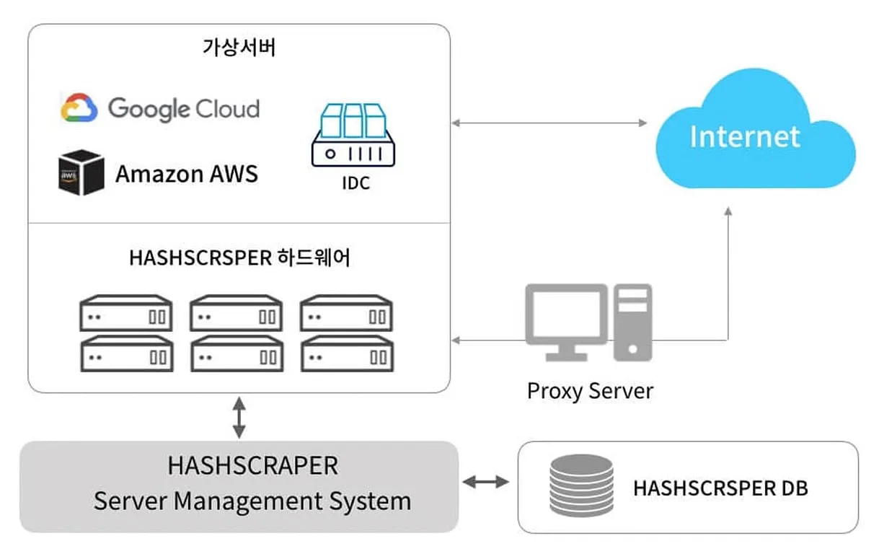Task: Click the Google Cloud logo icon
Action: click(79, 108)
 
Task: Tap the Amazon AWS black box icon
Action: click(81, 172)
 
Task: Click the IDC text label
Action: click(355, 183)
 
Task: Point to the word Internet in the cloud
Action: click(745, 136)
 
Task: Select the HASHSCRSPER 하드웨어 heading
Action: click(239, 258)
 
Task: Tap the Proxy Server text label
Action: click(590, 391)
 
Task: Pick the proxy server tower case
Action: click(632, 321)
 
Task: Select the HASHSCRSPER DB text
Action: click(720, 488)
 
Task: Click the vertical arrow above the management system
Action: click(239, 416)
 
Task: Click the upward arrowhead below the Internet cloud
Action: click(728, 211)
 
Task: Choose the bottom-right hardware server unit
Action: click(346, 353)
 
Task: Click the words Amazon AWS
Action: click(187, 173)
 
